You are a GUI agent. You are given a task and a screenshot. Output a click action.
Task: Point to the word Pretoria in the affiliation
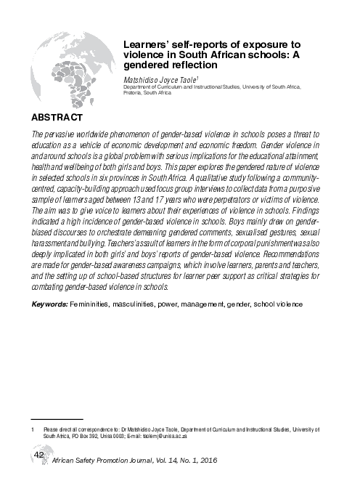tap(136, 94)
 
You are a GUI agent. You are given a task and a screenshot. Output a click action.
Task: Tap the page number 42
tap(38, 455)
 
